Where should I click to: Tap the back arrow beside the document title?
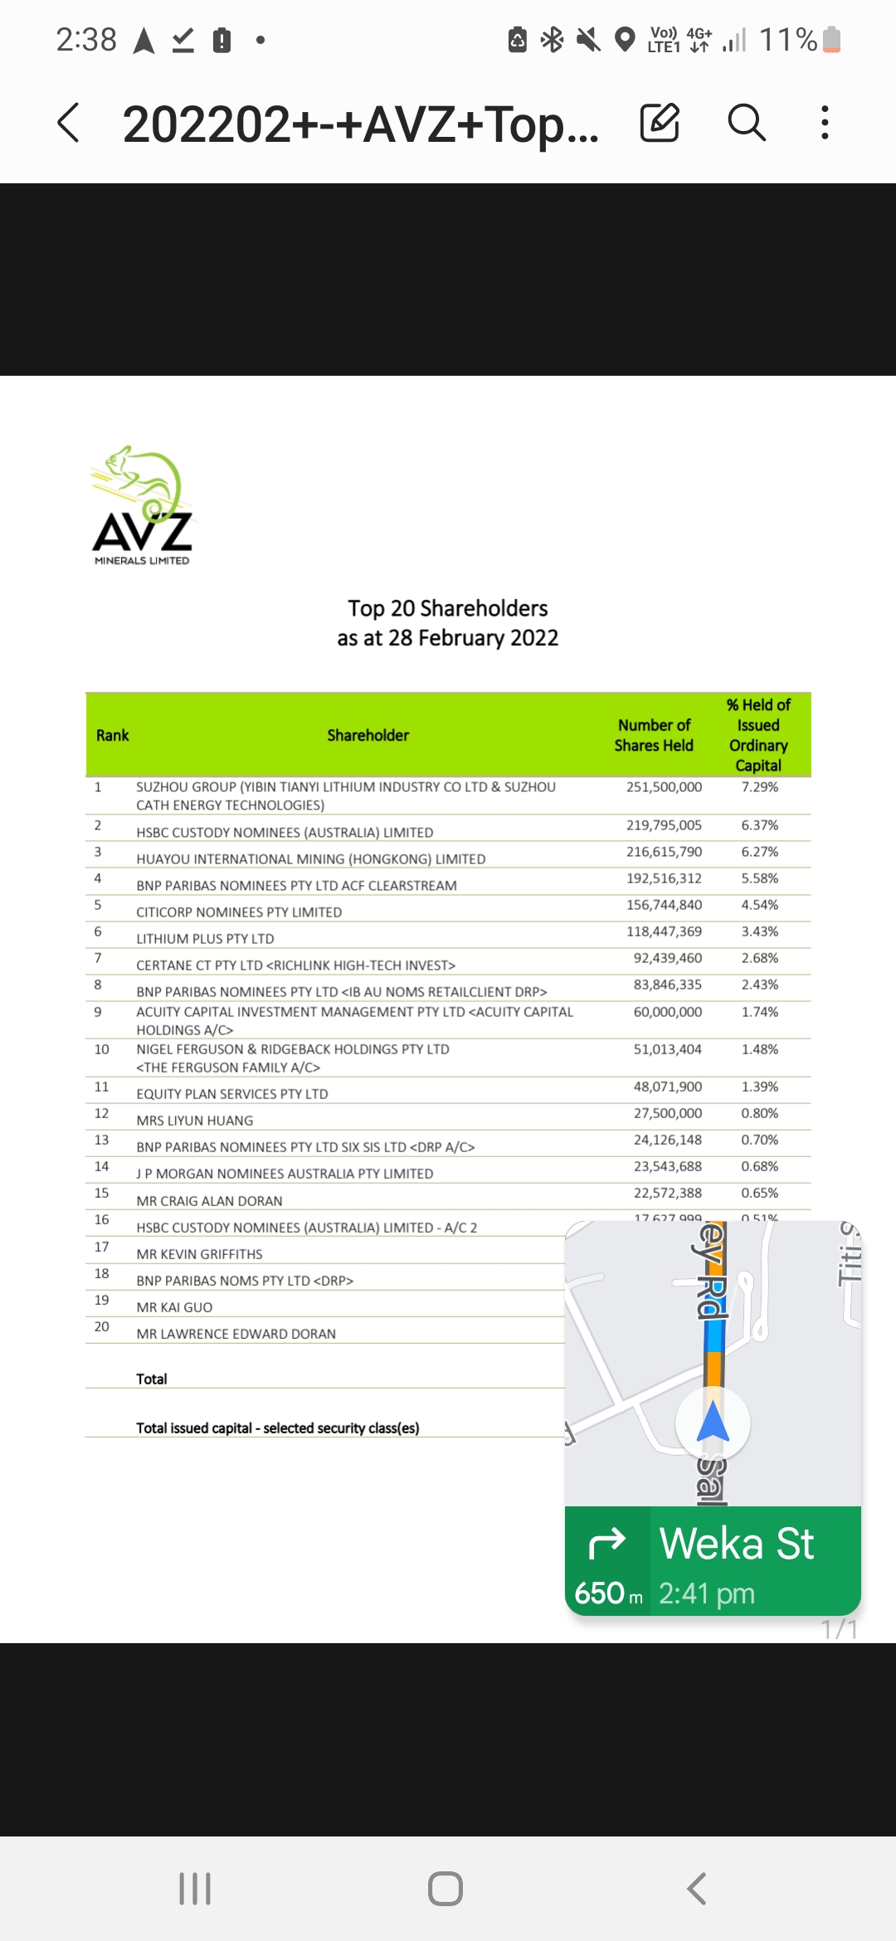click(x=69, y=123)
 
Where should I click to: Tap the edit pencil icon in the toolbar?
click(x=660, y=123)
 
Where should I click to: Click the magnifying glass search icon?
click(x=746, y=123)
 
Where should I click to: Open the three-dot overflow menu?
click(x=824, y=123)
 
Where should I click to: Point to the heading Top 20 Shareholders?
click(x=448, y=609)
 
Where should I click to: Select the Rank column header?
click(x=113, y=736)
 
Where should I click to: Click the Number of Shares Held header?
click(x=654, y=736)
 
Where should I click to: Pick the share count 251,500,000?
click(x=664, y=787)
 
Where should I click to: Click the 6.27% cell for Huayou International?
click(x=759, y=852)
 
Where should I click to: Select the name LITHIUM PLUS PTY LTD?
click(x=205, y=939)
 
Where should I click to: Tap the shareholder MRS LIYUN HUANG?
click(x=195, y=1121)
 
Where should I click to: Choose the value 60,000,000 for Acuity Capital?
click(x=667, y=1012)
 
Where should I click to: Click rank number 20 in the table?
click(x=101, y=1326)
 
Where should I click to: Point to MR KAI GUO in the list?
click(x=174, y=1307)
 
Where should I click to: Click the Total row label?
click(x=152, y=1379)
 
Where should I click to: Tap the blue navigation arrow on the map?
click(x=713, y=1422)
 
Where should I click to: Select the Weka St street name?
click(x=737, y=1544)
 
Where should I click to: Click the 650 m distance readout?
click(x=608, y=1593)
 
